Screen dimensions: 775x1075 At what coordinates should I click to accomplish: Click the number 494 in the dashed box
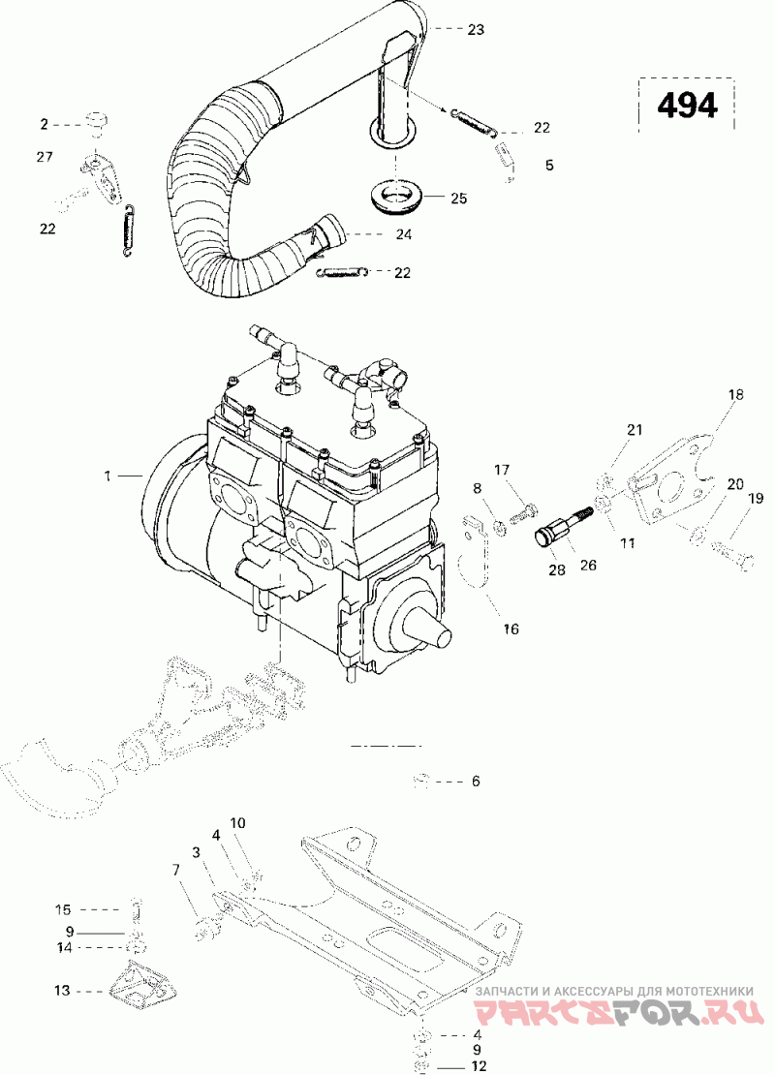coord(687,106)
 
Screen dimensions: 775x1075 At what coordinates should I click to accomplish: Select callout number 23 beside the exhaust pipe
coord(476,29)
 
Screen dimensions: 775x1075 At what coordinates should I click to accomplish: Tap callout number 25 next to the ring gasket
coord(459,199)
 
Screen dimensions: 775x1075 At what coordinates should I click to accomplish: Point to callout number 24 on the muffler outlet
coord(404,234)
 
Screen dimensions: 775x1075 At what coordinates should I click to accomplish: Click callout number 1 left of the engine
coord(108,476)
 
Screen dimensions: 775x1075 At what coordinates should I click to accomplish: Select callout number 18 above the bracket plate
coord(736,394)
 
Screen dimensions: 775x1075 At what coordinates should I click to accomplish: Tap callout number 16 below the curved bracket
coord(511,628)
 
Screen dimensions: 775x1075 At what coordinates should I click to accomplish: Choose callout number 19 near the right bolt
coord(755,499)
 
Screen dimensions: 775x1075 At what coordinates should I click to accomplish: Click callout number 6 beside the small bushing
coord(476,781)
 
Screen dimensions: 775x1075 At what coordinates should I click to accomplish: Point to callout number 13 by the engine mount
coord(62,990)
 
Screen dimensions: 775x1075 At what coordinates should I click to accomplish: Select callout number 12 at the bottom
coord(478,1065)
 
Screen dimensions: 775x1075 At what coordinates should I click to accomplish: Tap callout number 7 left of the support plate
coord(176,870)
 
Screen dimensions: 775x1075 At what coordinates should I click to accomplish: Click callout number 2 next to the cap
coord(45,124)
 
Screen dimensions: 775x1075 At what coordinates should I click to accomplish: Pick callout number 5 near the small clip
coord(549,166)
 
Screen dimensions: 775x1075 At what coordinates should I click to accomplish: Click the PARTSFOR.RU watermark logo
coord(619,1011)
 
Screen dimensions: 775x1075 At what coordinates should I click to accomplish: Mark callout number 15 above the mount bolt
coord(62,909)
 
